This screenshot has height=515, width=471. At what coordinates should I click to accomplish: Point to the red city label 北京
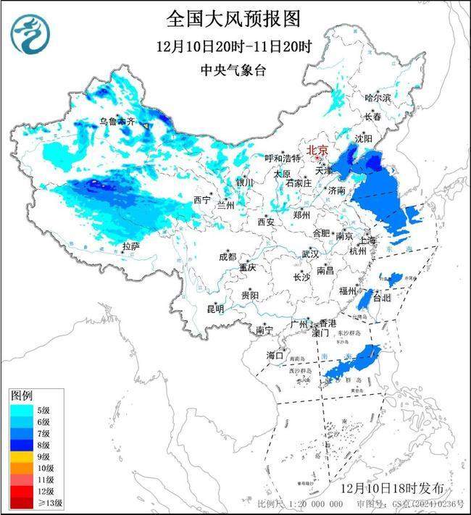(x=317, y=151)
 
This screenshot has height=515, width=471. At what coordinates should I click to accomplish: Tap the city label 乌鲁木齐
(x=117, y=123)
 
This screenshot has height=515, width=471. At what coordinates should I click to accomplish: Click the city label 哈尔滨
(x=378, y=97)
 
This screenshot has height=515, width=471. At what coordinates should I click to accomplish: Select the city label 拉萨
(x=130, y=247)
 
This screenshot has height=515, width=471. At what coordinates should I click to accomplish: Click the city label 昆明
(x=215, y=309)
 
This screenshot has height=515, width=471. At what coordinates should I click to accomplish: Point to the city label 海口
(x=275, y=355)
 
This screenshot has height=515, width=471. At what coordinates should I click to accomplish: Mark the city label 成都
(x=228, y=256)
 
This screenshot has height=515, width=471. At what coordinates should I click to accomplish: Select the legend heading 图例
(x=21, y=395)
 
